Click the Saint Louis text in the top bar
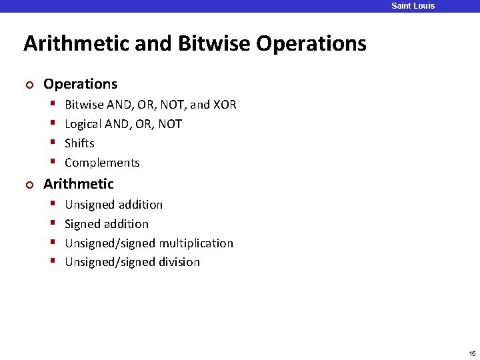click(x=413, y=6)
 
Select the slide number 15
click(x=472, y=353)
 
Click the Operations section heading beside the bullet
click(x=80, y=84)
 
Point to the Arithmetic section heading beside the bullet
click(x=79, y=184)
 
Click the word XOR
click(x=225, y=105)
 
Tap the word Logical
click(x=85, y=124)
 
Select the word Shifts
click(x=79, y=143)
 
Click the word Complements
click(x=102, y=163)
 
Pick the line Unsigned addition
click(x=113, y=205)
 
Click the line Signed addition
click(x=107, y=224)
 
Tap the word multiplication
click(x=196, y=243)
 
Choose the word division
click(x=179, y=262)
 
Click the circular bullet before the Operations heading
click(x=28, y=85)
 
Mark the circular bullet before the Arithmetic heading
click(x=28, y=185)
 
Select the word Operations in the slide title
click(x=311, y=44)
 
